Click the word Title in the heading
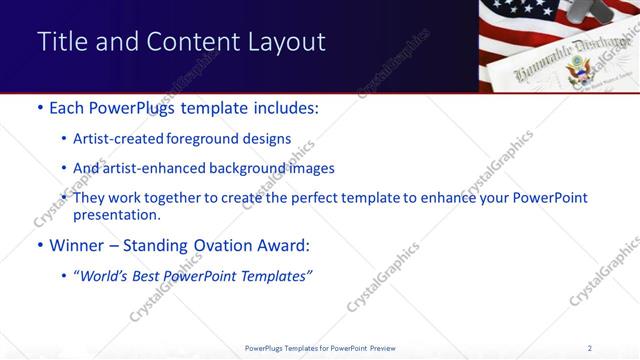point(60,42)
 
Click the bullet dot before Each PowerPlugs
point(39,108)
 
